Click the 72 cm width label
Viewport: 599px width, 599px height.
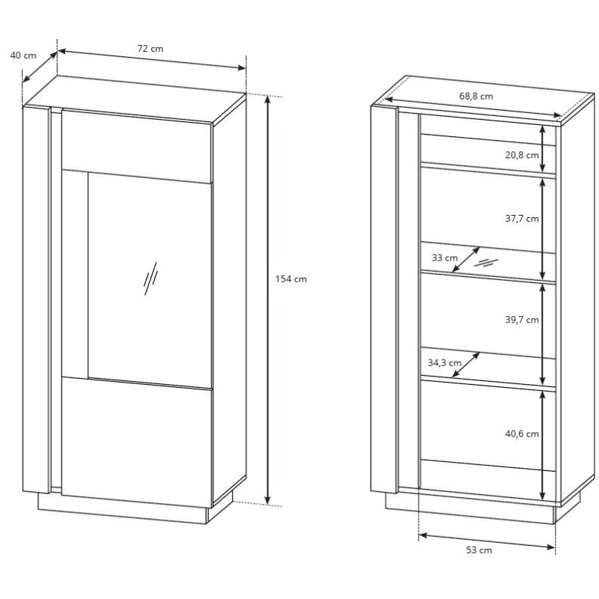tap(150, 49)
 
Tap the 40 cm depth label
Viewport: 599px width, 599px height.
tap(23, 55)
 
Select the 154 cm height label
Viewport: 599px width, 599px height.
tap(291, 279)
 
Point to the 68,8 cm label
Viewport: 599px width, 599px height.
tap(476, 97)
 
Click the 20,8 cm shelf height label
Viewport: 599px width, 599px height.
tap(522, 155)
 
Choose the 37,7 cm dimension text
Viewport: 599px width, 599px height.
tap(522, 219)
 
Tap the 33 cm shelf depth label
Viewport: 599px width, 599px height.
tap(445, 258)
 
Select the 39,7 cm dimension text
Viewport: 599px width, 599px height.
tap(522, 320)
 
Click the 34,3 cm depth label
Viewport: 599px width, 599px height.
tap(444, 363)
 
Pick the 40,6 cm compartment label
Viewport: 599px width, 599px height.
tap(522, 434)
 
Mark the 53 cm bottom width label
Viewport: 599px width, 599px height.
tap(479, 550)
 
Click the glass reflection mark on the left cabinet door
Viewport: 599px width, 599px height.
tap(150, 279)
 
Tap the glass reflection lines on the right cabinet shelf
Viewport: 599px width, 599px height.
tap(486, 263)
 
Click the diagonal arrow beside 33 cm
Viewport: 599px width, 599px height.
tap(466, 259)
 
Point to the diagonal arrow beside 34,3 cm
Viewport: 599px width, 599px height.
tap(466, 365)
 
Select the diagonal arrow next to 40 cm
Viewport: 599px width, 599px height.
tap(40, 67)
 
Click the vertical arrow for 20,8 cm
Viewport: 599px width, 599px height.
tap(542, 148)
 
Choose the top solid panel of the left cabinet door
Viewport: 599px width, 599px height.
tap(136, 147)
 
